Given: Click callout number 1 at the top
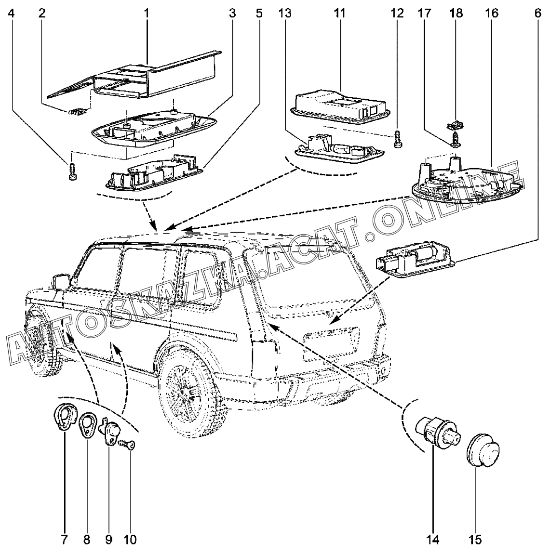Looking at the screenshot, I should [x=147, y=13].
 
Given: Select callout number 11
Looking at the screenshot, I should [x=340, y=13].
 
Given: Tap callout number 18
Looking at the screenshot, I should [x=456, y=13].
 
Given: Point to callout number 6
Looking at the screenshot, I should [x=537, y=13].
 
